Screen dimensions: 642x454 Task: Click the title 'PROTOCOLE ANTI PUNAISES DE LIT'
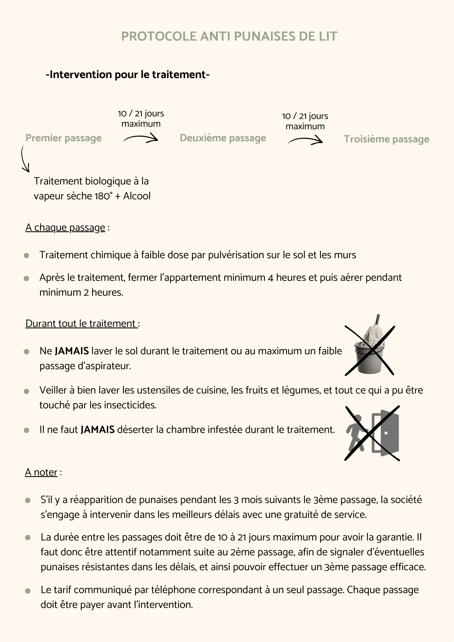coord(229,36)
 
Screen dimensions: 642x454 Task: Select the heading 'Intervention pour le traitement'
coord(128,75)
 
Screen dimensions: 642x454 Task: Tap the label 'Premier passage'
coord(64,138)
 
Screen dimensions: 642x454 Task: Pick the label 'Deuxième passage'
coord(223,138)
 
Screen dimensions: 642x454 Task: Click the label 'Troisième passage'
coord(386,139)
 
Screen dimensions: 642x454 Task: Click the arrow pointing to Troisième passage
coord(305,140)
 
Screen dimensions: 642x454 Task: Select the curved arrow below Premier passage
coord(25,159)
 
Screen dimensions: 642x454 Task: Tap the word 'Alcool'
coord(137,196)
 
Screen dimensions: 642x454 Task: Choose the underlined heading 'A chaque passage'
coord(66,228)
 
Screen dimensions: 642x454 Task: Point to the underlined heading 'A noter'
coord(41,472)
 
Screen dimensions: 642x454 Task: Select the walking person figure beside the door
coord(356,433)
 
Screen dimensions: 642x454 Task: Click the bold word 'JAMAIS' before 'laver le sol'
coord(72,351)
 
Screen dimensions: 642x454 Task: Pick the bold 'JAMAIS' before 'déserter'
coord(98,430)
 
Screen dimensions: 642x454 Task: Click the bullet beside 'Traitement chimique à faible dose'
coord(26,255)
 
